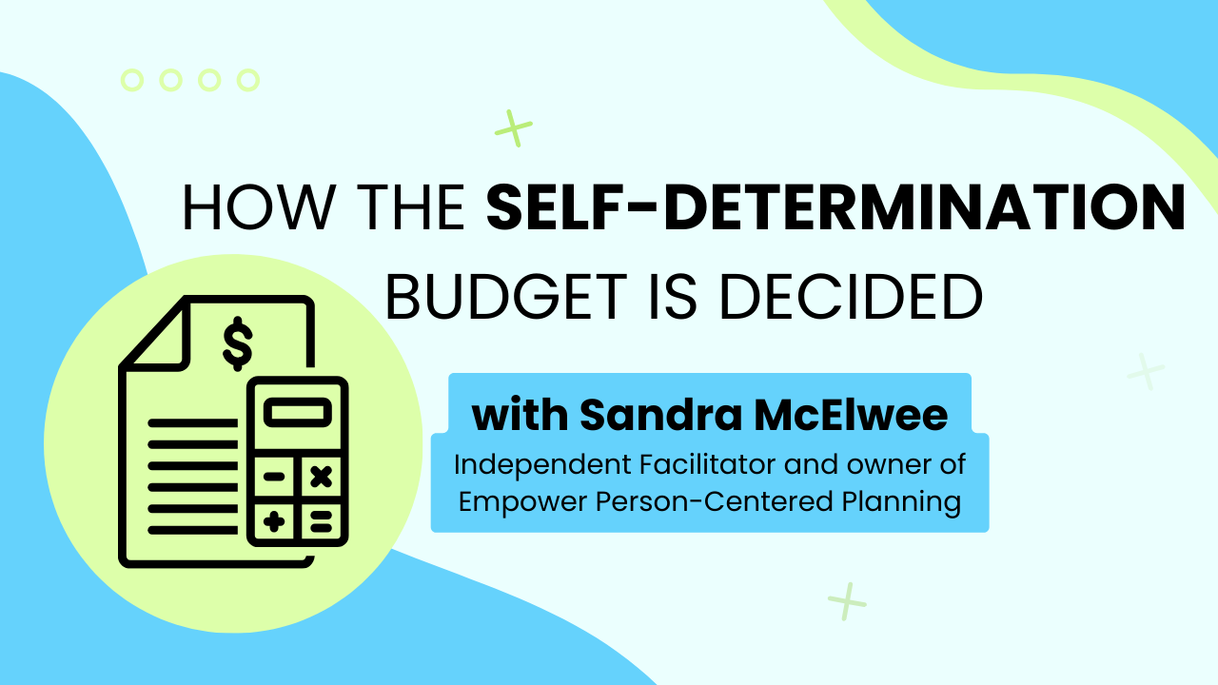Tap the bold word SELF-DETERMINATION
pyautogui.click(x=835, y=207)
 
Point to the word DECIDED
pyautogui.click(x=852, y=297)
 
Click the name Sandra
pyautogui.click(x=661, y=416)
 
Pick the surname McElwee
pyautogui.click(x=851, y=416)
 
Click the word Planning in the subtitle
pyautogui.click(x=901, y=501)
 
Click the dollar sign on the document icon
pyautogui.click(x=238, y=343)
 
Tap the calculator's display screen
pyautogui.click(x=298, y=412)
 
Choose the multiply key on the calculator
pyautogui.click(x=321, y=477)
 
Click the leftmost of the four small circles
pyautogui.click(x=132, y=81)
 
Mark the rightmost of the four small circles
pyautogui.click(x=248, y=81)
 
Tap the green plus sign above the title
pyautogui.click(x=513, y=128)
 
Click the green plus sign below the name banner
pyautogui.click(x=847, y=601)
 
